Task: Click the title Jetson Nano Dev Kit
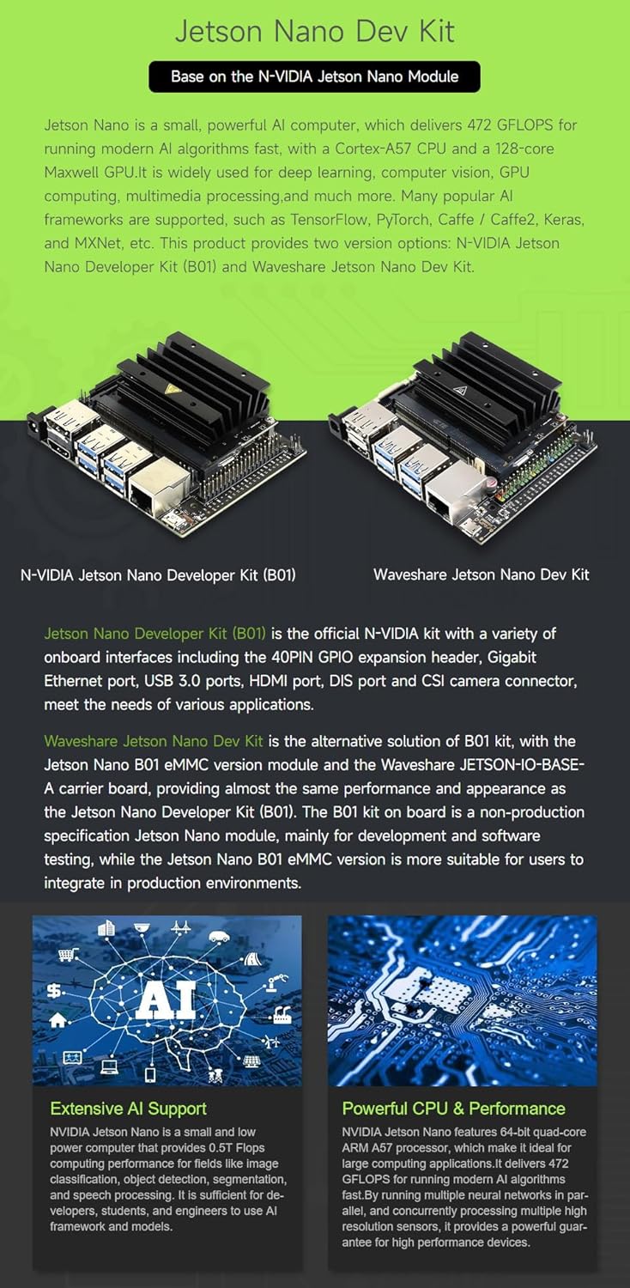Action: click(315, 32)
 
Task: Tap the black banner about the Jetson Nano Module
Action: click(314, 76)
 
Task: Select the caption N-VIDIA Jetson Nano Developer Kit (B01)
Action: click(158, 575)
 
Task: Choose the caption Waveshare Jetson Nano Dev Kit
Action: click(482, 574)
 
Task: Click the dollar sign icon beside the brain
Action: click(53, 990)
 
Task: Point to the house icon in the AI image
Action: click(57, 1019)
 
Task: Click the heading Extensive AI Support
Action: click(128, 1108)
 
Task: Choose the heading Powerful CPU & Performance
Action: click(453, 1108)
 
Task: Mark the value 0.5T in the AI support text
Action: click(221, 1147)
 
